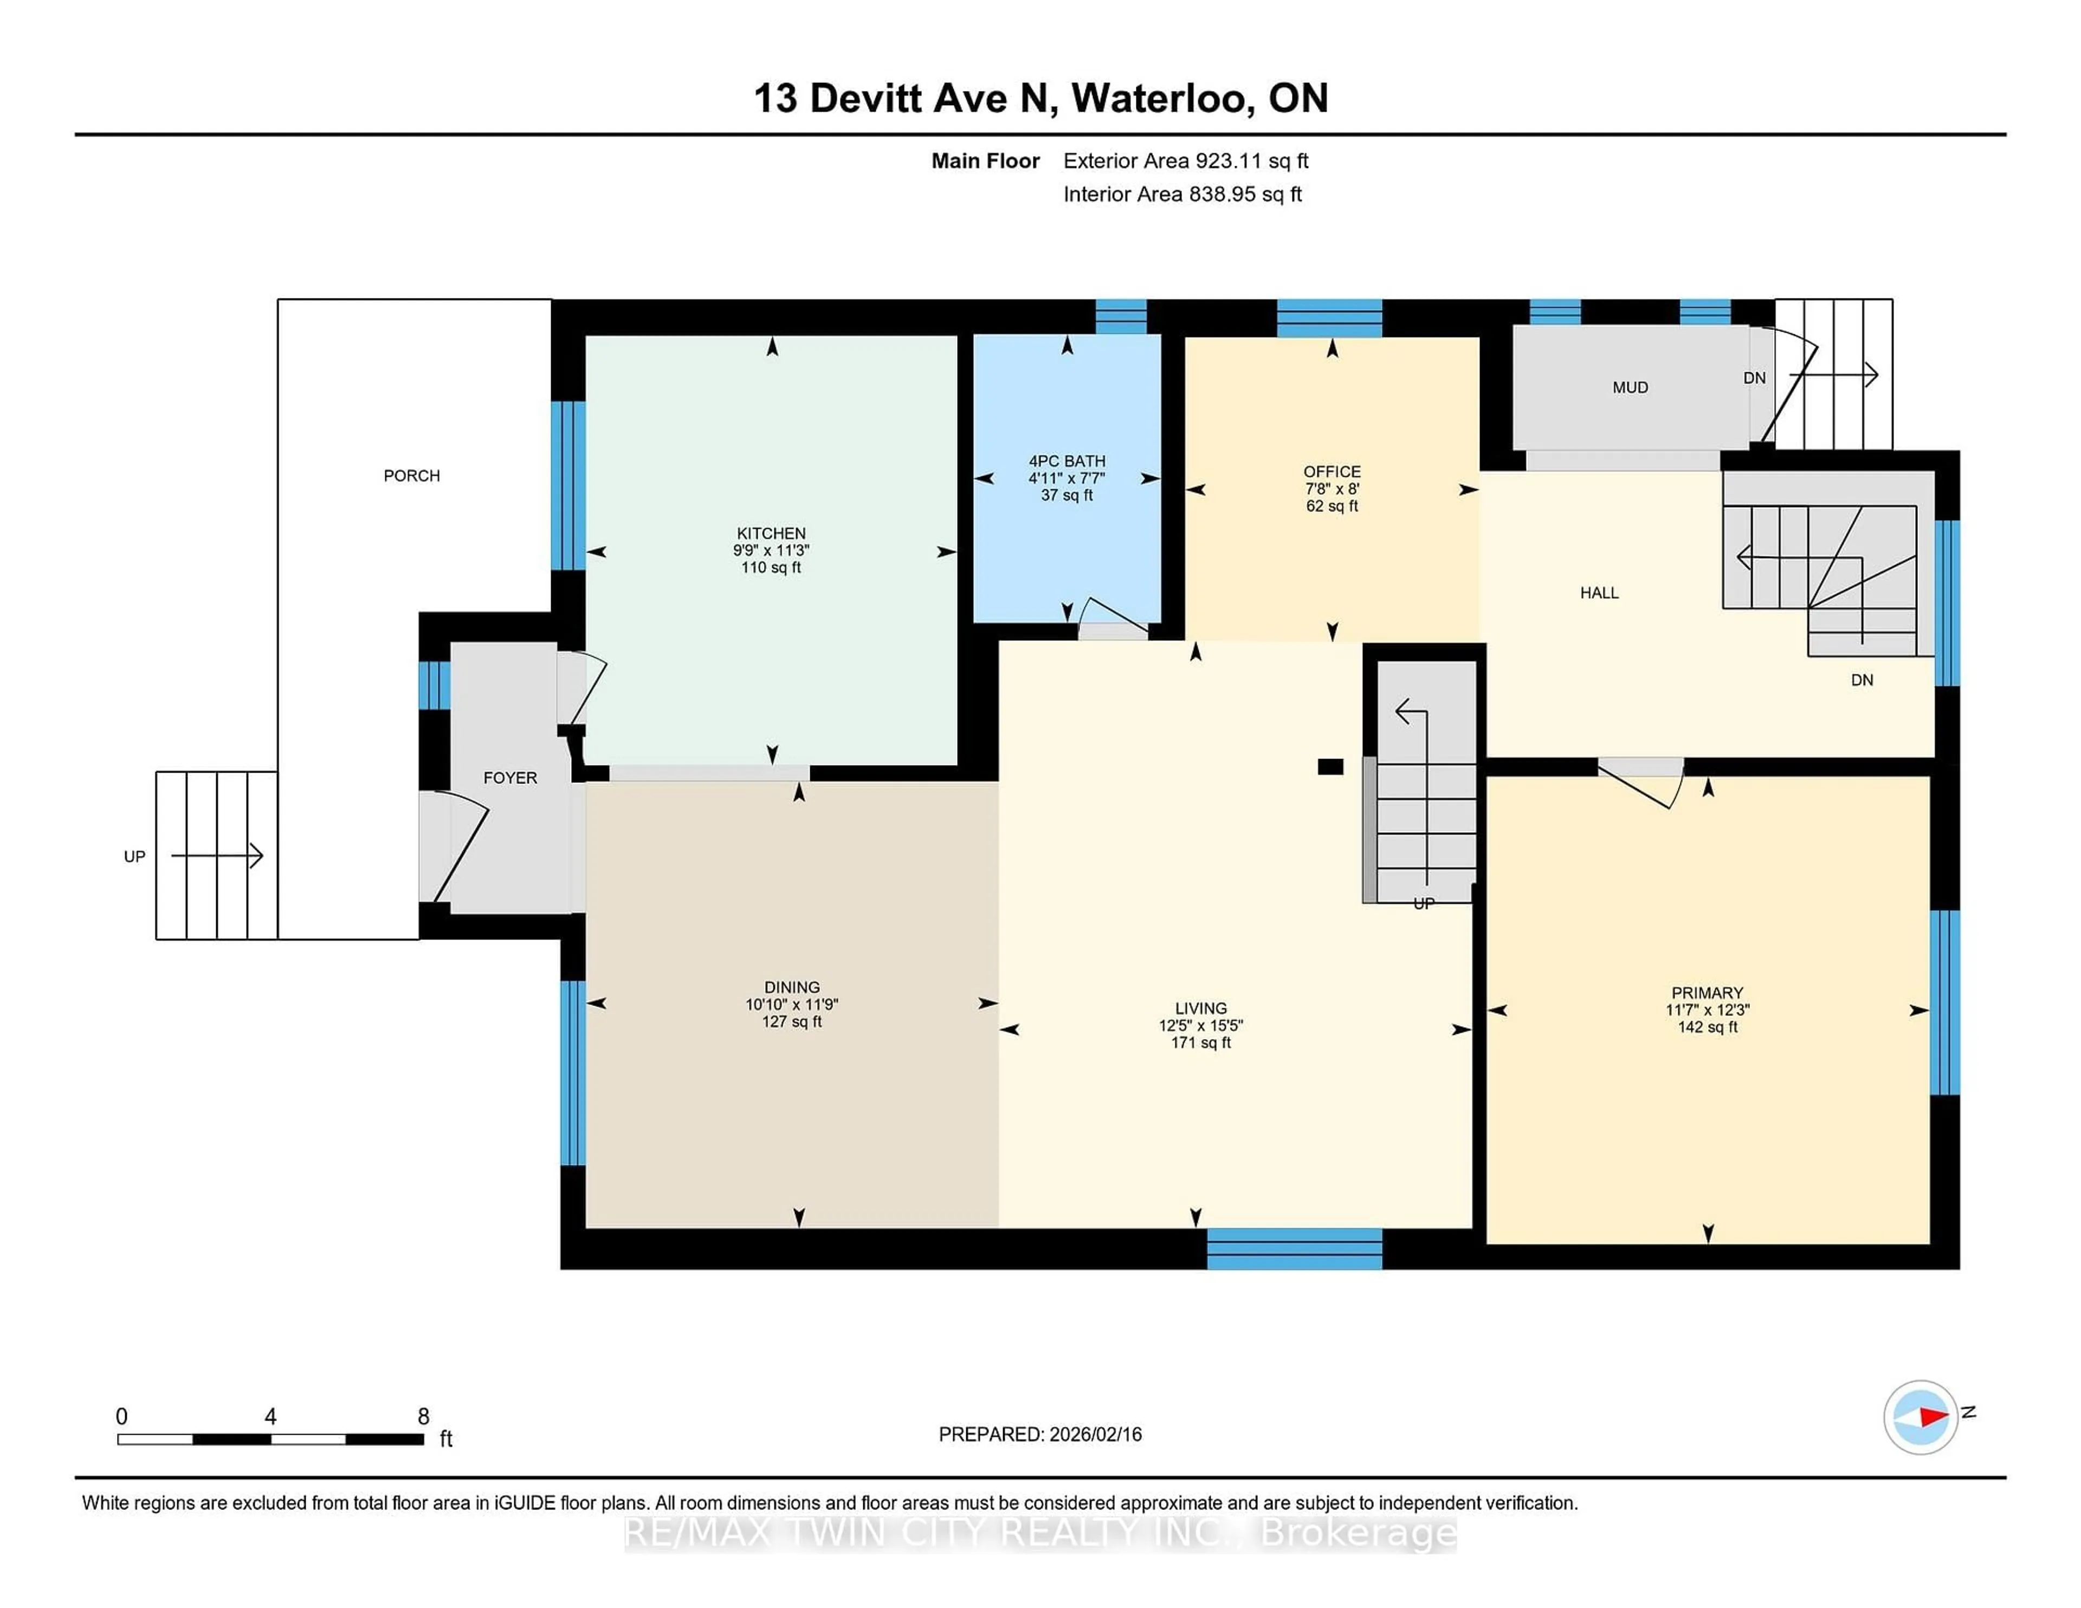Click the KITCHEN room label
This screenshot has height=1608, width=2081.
(x=771, y=534)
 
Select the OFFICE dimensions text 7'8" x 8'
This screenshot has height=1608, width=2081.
(x=1332, y=489)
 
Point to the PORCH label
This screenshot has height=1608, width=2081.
(x=412, y=475)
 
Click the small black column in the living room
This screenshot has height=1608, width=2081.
(x=1330, y=766)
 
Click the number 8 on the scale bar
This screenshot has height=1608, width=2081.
(x=423, y=1417)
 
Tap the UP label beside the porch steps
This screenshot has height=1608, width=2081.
(x=134, y=857)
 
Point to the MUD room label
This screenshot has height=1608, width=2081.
(x=1630, y=388)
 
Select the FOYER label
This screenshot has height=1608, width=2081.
(x=510, y=779)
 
